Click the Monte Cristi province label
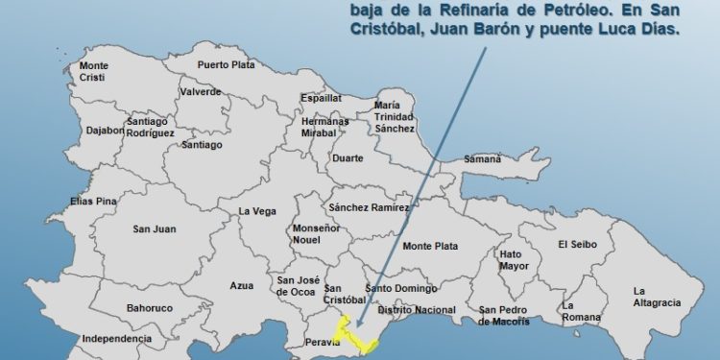(94, 71)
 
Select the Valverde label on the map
(200, 92)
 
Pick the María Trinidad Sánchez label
(395, 116)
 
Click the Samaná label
(483, 159)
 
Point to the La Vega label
(257, 211)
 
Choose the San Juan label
(153, 228)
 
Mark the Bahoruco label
(149, 308)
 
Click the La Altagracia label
(657, 297)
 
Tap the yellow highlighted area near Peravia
(357, 337)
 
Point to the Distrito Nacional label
(416, 310)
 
